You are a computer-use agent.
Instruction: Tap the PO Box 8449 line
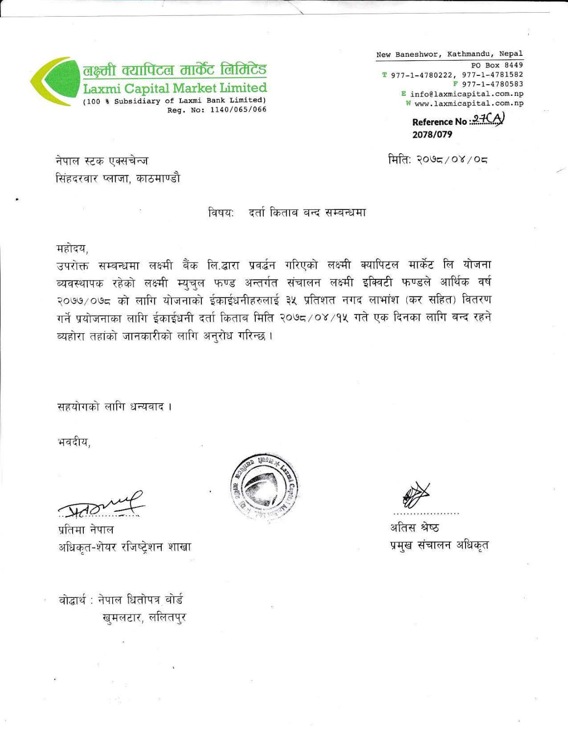point(496,65)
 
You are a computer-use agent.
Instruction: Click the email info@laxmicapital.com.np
point(466,93)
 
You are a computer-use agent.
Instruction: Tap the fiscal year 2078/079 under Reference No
point(432,135)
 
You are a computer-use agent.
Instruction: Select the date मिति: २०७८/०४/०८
point(439,160)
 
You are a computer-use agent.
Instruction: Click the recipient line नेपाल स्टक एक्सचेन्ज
point(102,161)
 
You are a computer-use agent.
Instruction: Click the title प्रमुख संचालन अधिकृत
point(439,545)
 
